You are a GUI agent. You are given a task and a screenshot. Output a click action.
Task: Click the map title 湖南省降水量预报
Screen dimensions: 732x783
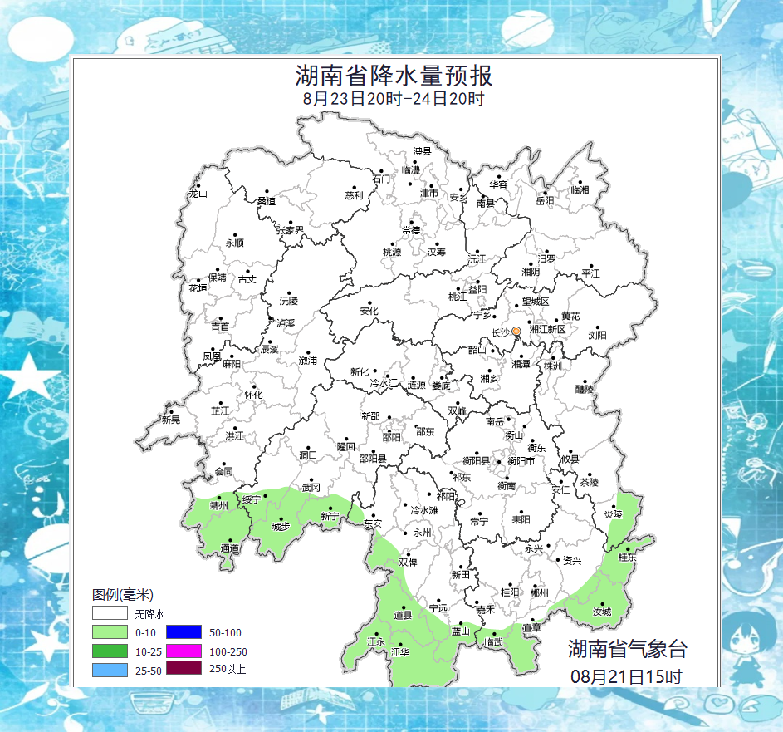(x=394, y=76)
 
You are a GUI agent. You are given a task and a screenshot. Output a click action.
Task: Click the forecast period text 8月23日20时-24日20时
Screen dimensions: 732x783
(x=394, y=99)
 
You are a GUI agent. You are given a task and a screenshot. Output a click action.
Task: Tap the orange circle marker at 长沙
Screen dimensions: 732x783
(x=516, y=332)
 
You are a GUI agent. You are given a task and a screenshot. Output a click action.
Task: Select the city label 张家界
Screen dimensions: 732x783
(x=291, y=229)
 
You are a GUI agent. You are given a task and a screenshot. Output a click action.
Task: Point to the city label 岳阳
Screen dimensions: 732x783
(x=544, y=200)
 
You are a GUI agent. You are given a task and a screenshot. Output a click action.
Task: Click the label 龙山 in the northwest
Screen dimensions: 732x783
(x=197, y=194)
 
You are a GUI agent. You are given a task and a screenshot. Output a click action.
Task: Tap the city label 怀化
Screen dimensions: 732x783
(x=253, y=395)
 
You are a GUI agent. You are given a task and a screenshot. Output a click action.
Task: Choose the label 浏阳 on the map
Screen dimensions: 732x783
(x=597, y=335)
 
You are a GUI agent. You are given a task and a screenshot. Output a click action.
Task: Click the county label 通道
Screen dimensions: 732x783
(x=230, y=549)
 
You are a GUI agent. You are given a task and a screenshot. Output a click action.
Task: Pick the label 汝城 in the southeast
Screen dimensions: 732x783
(x=601, y=612)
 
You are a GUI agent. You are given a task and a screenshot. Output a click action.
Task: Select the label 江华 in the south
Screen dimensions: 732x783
(x=400, y=652)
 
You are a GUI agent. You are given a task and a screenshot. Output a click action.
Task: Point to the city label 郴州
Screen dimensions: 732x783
(x=540, y=592)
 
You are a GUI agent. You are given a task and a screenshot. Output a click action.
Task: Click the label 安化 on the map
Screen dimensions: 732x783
(x=369, y=312)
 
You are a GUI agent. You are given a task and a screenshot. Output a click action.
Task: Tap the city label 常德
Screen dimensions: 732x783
(x=411, y=230)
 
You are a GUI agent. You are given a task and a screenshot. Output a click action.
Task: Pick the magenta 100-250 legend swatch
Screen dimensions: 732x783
(x=184, y=651)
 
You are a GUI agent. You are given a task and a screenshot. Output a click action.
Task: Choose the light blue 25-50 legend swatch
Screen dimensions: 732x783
(x=110, y=669)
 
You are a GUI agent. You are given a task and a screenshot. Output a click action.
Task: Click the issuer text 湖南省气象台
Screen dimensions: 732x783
(x=628, y=649)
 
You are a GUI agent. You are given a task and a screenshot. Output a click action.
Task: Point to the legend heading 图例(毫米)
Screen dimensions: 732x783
(x=123, y=595)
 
